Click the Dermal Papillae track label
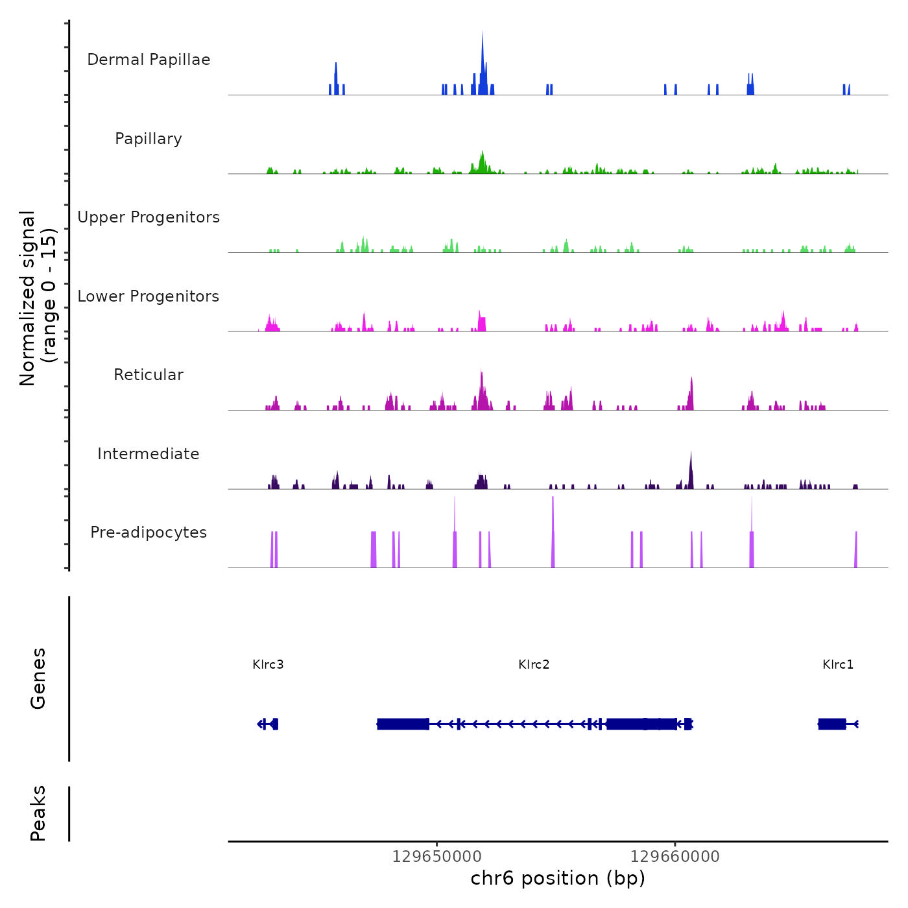149,60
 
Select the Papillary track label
149,139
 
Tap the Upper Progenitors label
149,217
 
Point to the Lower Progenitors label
149,296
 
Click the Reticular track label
149,375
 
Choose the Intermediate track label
149,454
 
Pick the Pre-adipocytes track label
149,532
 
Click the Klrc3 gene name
268,664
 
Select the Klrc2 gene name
534,664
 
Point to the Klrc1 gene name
838,664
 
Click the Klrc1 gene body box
832,724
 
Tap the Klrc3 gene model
269,724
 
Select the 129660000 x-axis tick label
675,857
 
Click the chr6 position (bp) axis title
558,878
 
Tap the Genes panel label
38,678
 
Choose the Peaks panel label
38,813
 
